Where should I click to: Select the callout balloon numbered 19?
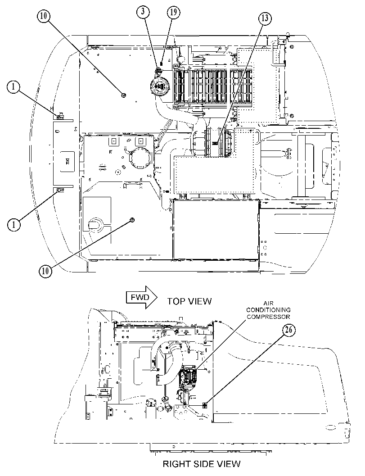[x=174, y=12]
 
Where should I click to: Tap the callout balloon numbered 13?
[x=265, y=18]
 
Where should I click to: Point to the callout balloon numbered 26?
[x=288, y=330]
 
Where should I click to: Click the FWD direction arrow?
[x=141, y=297]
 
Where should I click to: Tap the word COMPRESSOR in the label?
[x=268, y=317]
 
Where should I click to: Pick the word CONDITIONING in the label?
[x=268, y=310]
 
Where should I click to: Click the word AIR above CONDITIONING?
[x=268, y=303]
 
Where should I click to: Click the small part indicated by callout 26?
[x=205, y=405]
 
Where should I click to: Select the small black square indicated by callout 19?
[x=162, y=64]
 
